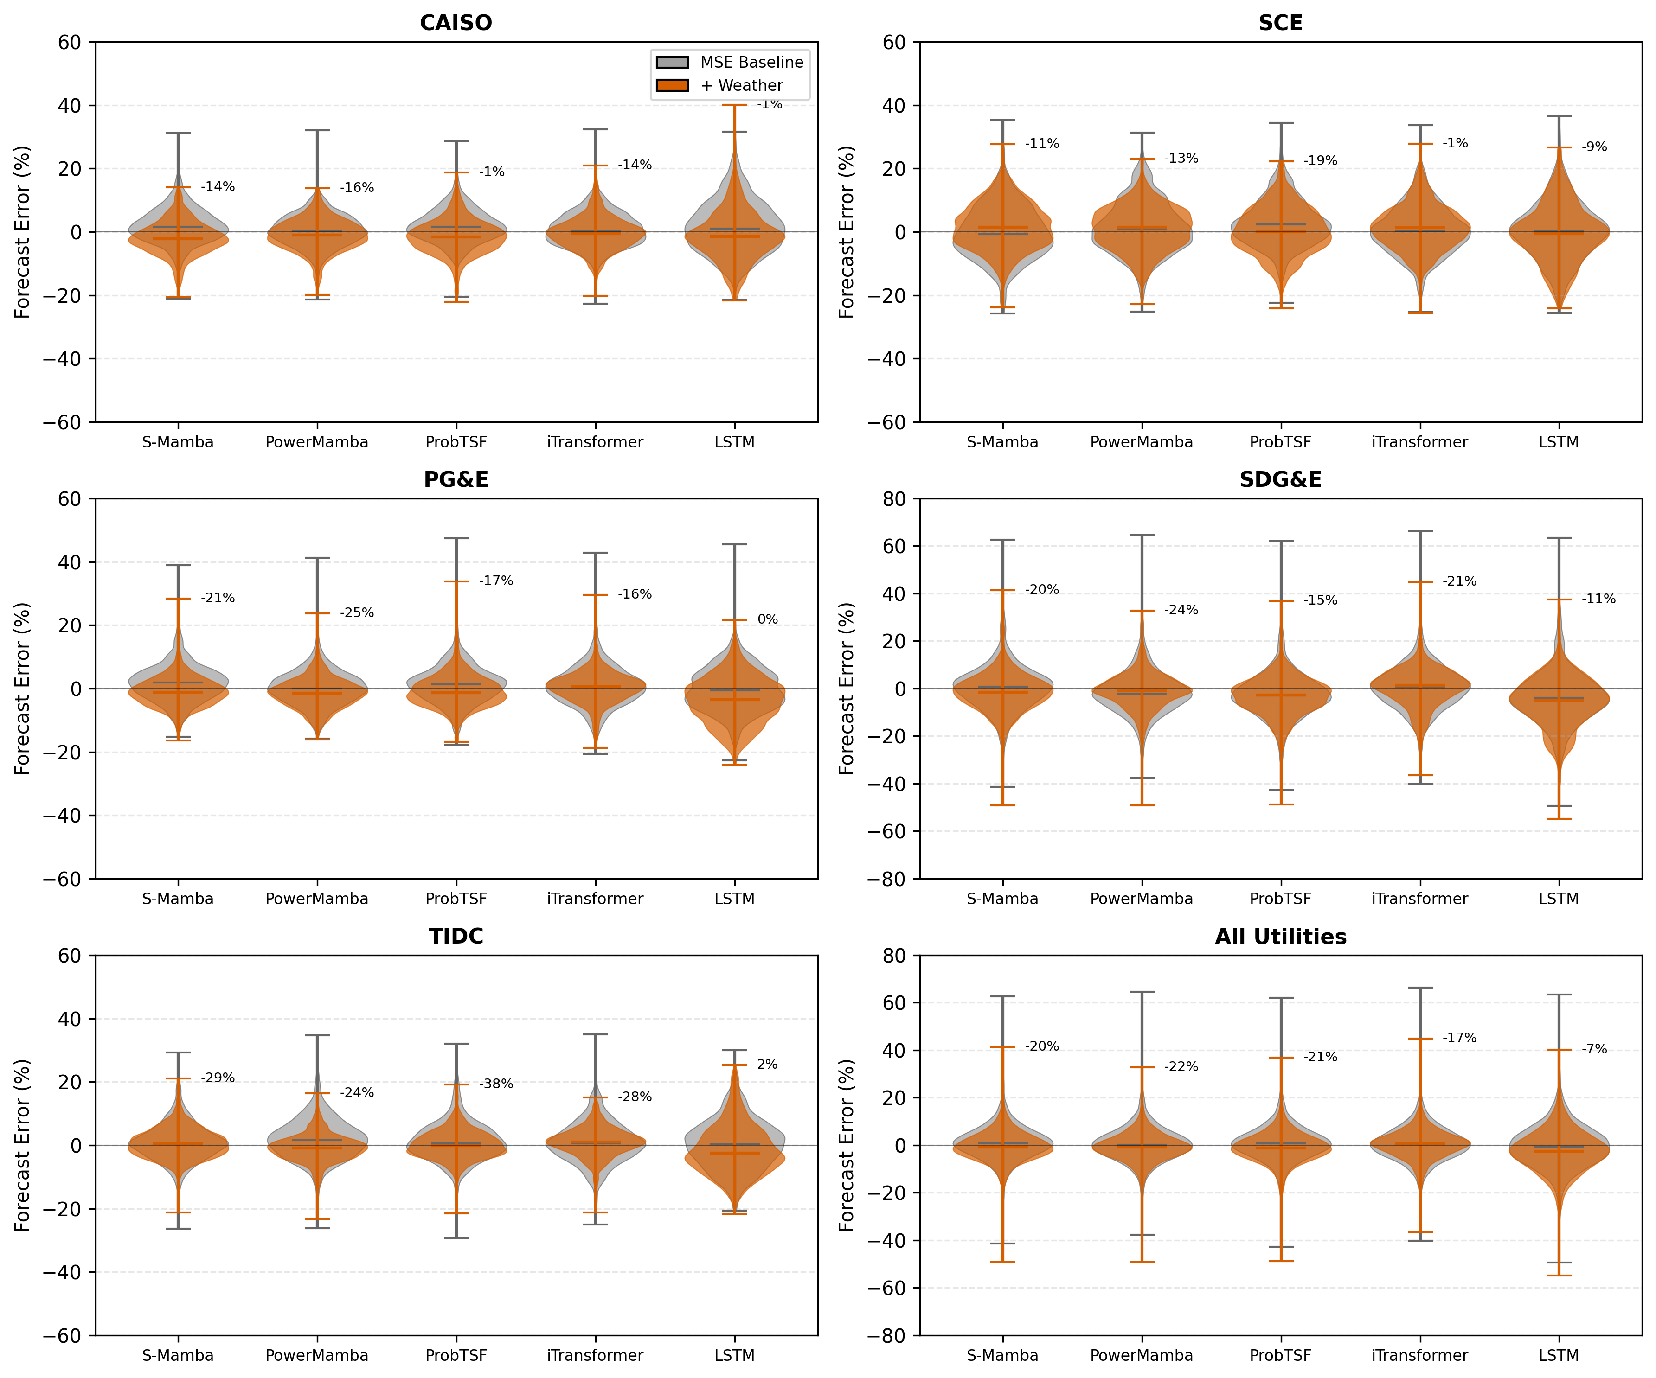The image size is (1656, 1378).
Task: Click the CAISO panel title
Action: [456, 23]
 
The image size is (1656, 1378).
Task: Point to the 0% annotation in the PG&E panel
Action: [767, 619]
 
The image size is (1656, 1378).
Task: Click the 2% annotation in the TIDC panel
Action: [767, 1064]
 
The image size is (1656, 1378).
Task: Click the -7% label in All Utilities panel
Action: [1594, 1049]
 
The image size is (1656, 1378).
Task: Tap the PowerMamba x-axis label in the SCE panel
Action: [1141, 442]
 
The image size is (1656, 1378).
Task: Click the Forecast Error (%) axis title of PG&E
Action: [22, 688]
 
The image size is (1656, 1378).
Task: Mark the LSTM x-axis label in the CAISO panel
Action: [734, 442]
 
